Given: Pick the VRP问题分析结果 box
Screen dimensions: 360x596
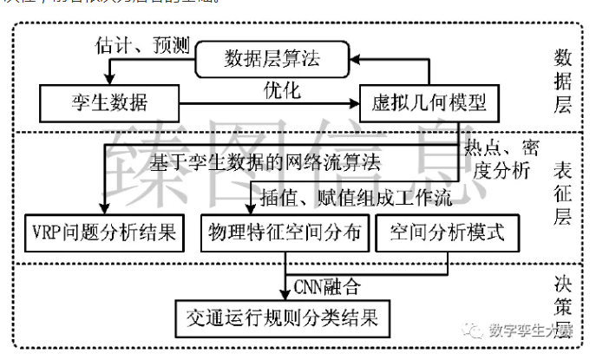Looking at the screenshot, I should [x=102, y=232].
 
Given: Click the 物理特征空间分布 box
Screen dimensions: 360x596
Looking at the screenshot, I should [x=284, y=232].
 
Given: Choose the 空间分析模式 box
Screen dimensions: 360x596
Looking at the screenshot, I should [x=448, y=232].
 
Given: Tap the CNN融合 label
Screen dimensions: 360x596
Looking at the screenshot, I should [x=327, y=285].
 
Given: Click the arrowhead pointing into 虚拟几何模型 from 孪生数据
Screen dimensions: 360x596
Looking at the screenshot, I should [x=353, y=103].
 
